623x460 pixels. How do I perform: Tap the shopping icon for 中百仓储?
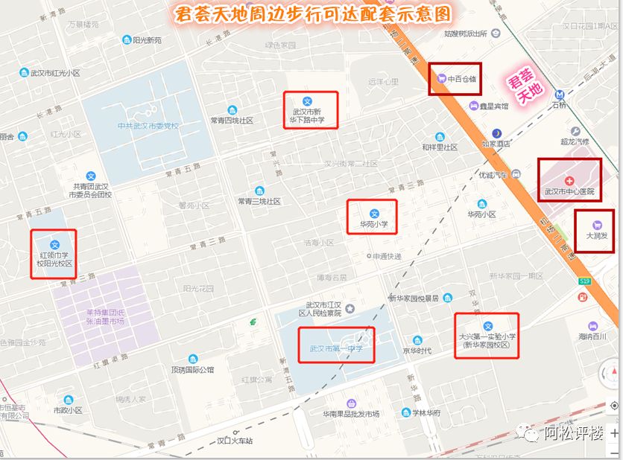[x=441, y=77]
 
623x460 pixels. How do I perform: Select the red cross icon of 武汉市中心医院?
[x=569, y=181]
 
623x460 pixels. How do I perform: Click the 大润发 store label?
[x=596, y=235]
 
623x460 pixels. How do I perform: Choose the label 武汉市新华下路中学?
[x=309, y=115]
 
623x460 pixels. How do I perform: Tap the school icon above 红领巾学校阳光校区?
[x=54, y=245]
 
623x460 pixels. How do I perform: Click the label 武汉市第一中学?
[x=336, y=348]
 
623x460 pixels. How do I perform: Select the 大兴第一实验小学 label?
[x=487, y=341]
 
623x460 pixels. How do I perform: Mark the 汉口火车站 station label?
[x=234, y=441]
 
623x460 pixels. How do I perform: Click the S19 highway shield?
[x=585, y=281]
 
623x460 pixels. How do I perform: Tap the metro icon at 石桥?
[x=559, y=95]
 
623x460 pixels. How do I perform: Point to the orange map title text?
[x=312, y=16]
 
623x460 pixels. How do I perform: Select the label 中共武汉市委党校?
[x=148, y=126]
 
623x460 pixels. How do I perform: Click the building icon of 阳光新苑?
[x=127, y=40]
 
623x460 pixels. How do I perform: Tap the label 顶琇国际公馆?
[x=192, y=369]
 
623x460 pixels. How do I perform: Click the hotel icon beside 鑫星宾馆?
[x=474, y=106]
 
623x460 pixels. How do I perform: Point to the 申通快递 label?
[x=387, y=256]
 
